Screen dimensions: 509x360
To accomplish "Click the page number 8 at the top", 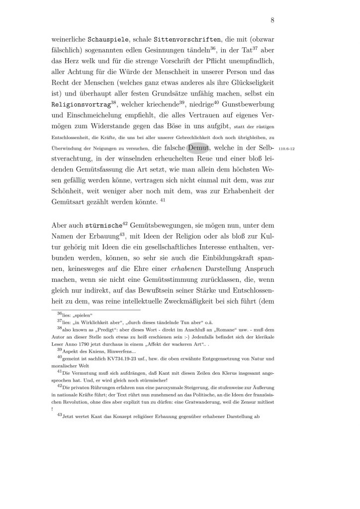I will tap(273, 20).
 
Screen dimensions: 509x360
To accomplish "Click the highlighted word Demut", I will tap(199, 148).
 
